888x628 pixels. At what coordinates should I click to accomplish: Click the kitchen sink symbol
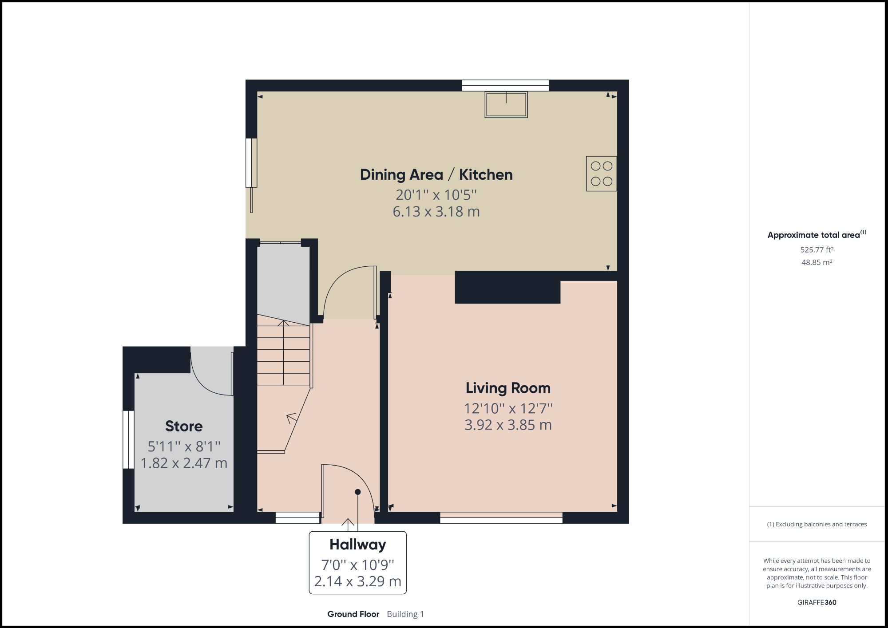[506, 104]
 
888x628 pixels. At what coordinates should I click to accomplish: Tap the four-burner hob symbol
[601, 174]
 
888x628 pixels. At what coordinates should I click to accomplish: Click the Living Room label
[508, 388]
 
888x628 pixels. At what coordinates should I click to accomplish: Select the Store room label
[184, 426]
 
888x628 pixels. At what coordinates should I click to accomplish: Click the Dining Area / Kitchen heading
[436, 174]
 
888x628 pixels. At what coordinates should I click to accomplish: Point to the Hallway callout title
[357, 545]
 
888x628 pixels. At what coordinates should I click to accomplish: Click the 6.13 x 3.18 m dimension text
[436, 211]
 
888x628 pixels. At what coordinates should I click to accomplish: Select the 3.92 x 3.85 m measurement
[508, 425]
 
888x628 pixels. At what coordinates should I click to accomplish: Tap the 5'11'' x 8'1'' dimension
[184, 446]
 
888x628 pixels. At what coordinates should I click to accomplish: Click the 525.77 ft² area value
[817, 250]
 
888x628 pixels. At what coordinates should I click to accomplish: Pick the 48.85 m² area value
[817, 262]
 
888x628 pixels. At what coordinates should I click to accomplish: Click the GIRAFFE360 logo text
[817, 602]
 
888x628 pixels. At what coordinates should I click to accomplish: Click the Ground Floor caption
[353, 614]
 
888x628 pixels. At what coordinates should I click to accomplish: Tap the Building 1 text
[405, 614]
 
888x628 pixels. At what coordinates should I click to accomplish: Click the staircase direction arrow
[291, 418]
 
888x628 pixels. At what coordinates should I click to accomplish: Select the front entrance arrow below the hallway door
[348, 524]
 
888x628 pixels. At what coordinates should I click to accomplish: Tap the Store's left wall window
[128, 439]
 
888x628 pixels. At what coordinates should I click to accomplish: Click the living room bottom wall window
[501, 517]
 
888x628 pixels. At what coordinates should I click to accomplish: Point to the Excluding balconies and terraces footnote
[817, 524]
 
